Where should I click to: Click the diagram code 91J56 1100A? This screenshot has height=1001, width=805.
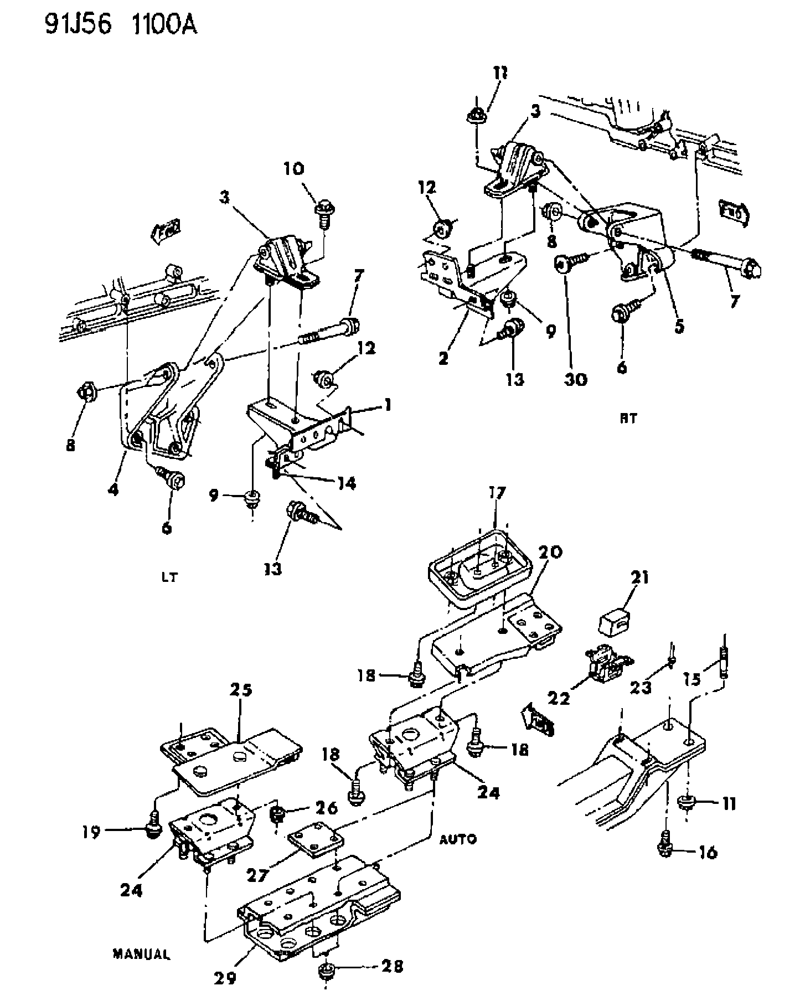coord(121,25)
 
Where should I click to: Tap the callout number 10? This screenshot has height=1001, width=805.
coord(295,169)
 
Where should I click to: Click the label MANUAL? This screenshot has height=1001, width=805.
coord(142,954)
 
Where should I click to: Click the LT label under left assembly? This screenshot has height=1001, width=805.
coord(171,577)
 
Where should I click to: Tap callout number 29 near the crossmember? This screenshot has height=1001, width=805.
coord(225,979)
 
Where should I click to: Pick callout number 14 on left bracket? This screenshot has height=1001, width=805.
coord(344,483)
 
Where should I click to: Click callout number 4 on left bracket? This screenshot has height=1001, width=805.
coord(113,489)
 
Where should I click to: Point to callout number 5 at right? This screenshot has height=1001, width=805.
coord(679,326)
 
